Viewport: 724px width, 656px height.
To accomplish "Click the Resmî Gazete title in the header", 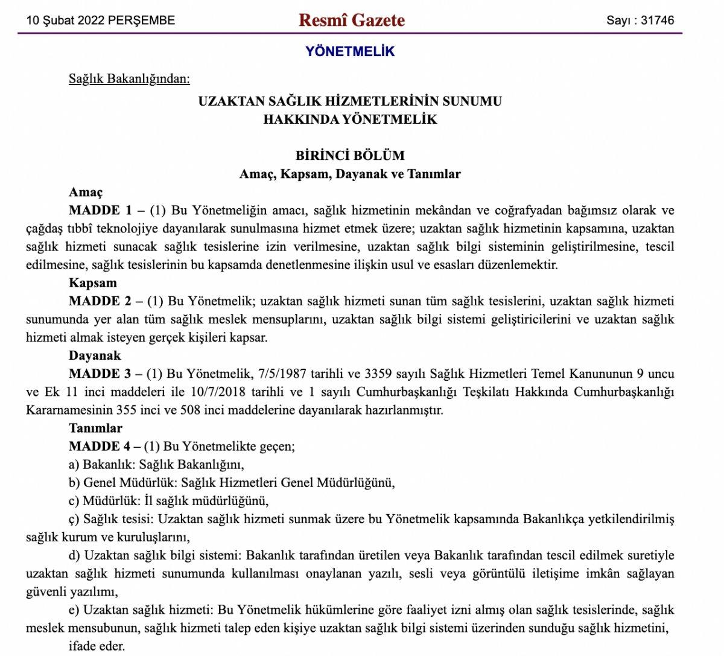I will pyautogui.click(x=352, y=20).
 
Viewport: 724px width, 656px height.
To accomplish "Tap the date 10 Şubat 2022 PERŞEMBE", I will pyautogui.click(x=101, y=21).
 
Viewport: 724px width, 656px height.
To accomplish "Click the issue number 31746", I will pyautogui.click(x=657, y=21).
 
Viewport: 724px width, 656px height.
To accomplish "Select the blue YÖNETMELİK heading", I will pyautogui.click(x=350, y=51).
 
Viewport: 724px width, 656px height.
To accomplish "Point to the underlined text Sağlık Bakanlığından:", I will pyautogui.click(x=129, y=78).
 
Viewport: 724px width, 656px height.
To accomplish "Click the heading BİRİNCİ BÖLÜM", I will pyautogui.click(x=350, y=155).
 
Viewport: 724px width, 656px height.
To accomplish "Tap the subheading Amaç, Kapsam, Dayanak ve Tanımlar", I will pyautogui.click(x=350, y=174).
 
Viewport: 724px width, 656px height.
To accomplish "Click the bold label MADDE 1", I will pyautogui.click(x=100, y=211).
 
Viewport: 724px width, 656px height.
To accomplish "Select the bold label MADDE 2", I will pyautogui.click(x=100, y=301).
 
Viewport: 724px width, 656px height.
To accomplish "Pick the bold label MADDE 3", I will pyautogui.click(x=100, y=374).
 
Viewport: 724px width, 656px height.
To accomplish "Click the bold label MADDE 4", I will pyautogui.click(x=100, y=447).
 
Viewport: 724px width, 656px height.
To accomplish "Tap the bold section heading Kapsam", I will pyautogui.click(x=93, y=283).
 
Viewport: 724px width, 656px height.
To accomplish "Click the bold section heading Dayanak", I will pyautogui.click(x=95, y=355).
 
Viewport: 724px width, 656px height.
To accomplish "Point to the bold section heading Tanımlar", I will pyautogui.click(x=95, y=428).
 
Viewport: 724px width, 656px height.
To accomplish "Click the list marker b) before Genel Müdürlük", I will pyautogui.click(x=74, y=483).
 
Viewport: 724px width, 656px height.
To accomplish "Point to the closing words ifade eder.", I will pyautogui.click(x=97, y=646).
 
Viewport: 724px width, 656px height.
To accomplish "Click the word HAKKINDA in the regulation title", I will pyautogui.click(x=300, y=119).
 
